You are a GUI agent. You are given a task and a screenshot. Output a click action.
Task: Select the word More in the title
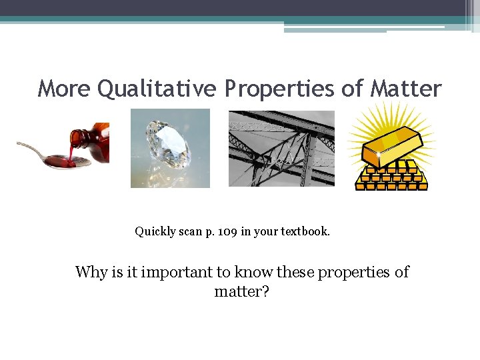pyautogui.click(x=65, y=88)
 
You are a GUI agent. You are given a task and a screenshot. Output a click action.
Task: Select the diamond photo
pyautogui.click(x=170, y=148)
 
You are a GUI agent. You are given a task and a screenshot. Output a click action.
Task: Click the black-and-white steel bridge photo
pyautogui.click(x=281, y=148)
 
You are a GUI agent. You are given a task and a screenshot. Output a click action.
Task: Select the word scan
pyautogui.click(x=193, y=232)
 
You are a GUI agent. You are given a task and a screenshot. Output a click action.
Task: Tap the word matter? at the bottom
pyautogui.click(x=241, y=291)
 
